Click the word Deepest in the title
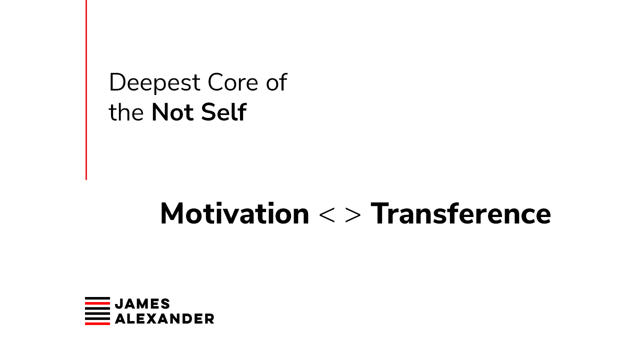(154, 83)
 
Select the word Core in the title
(233, 82)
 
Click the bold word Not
(172, 112)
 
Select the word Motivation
(234, 213)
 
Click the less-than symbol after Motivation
(326, 215)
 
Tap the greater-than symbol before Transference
(353, 215)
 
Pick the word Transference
(460, 213)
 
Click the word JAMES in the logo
(142, 304)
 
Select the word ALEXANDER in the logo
(164, 319)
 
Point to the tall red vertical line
(86, 89)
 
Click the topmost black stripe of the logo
(97, 298)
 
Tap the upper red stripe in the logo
(97, 302)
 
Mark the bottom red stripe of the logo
(97, 323)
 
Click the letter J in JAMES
(119, 304)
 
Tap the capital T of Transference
(379, 213)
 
